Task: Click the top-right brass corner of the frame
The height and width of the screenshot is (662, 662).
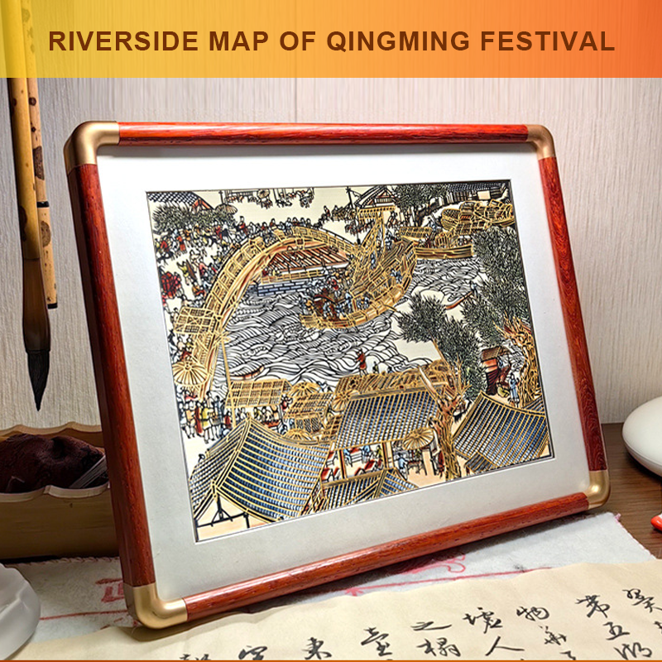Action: pyautogui.click(x=540, y=139)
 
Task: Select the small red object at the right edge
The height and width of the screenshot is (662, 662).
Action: pyautogui.click(x=656, y=522)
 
